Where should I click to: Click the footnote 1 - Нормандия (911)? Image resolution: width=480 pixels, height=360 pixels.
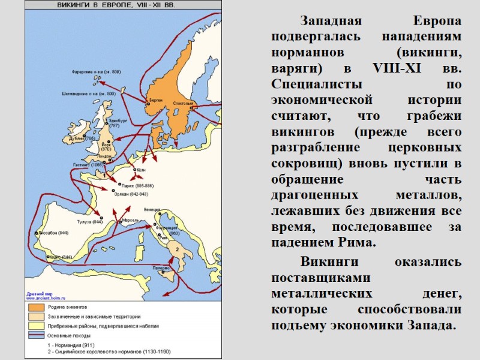coord(70,346)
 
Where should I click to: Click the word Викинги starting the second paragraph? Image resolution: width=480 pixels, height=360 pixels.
coord(325,263)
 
